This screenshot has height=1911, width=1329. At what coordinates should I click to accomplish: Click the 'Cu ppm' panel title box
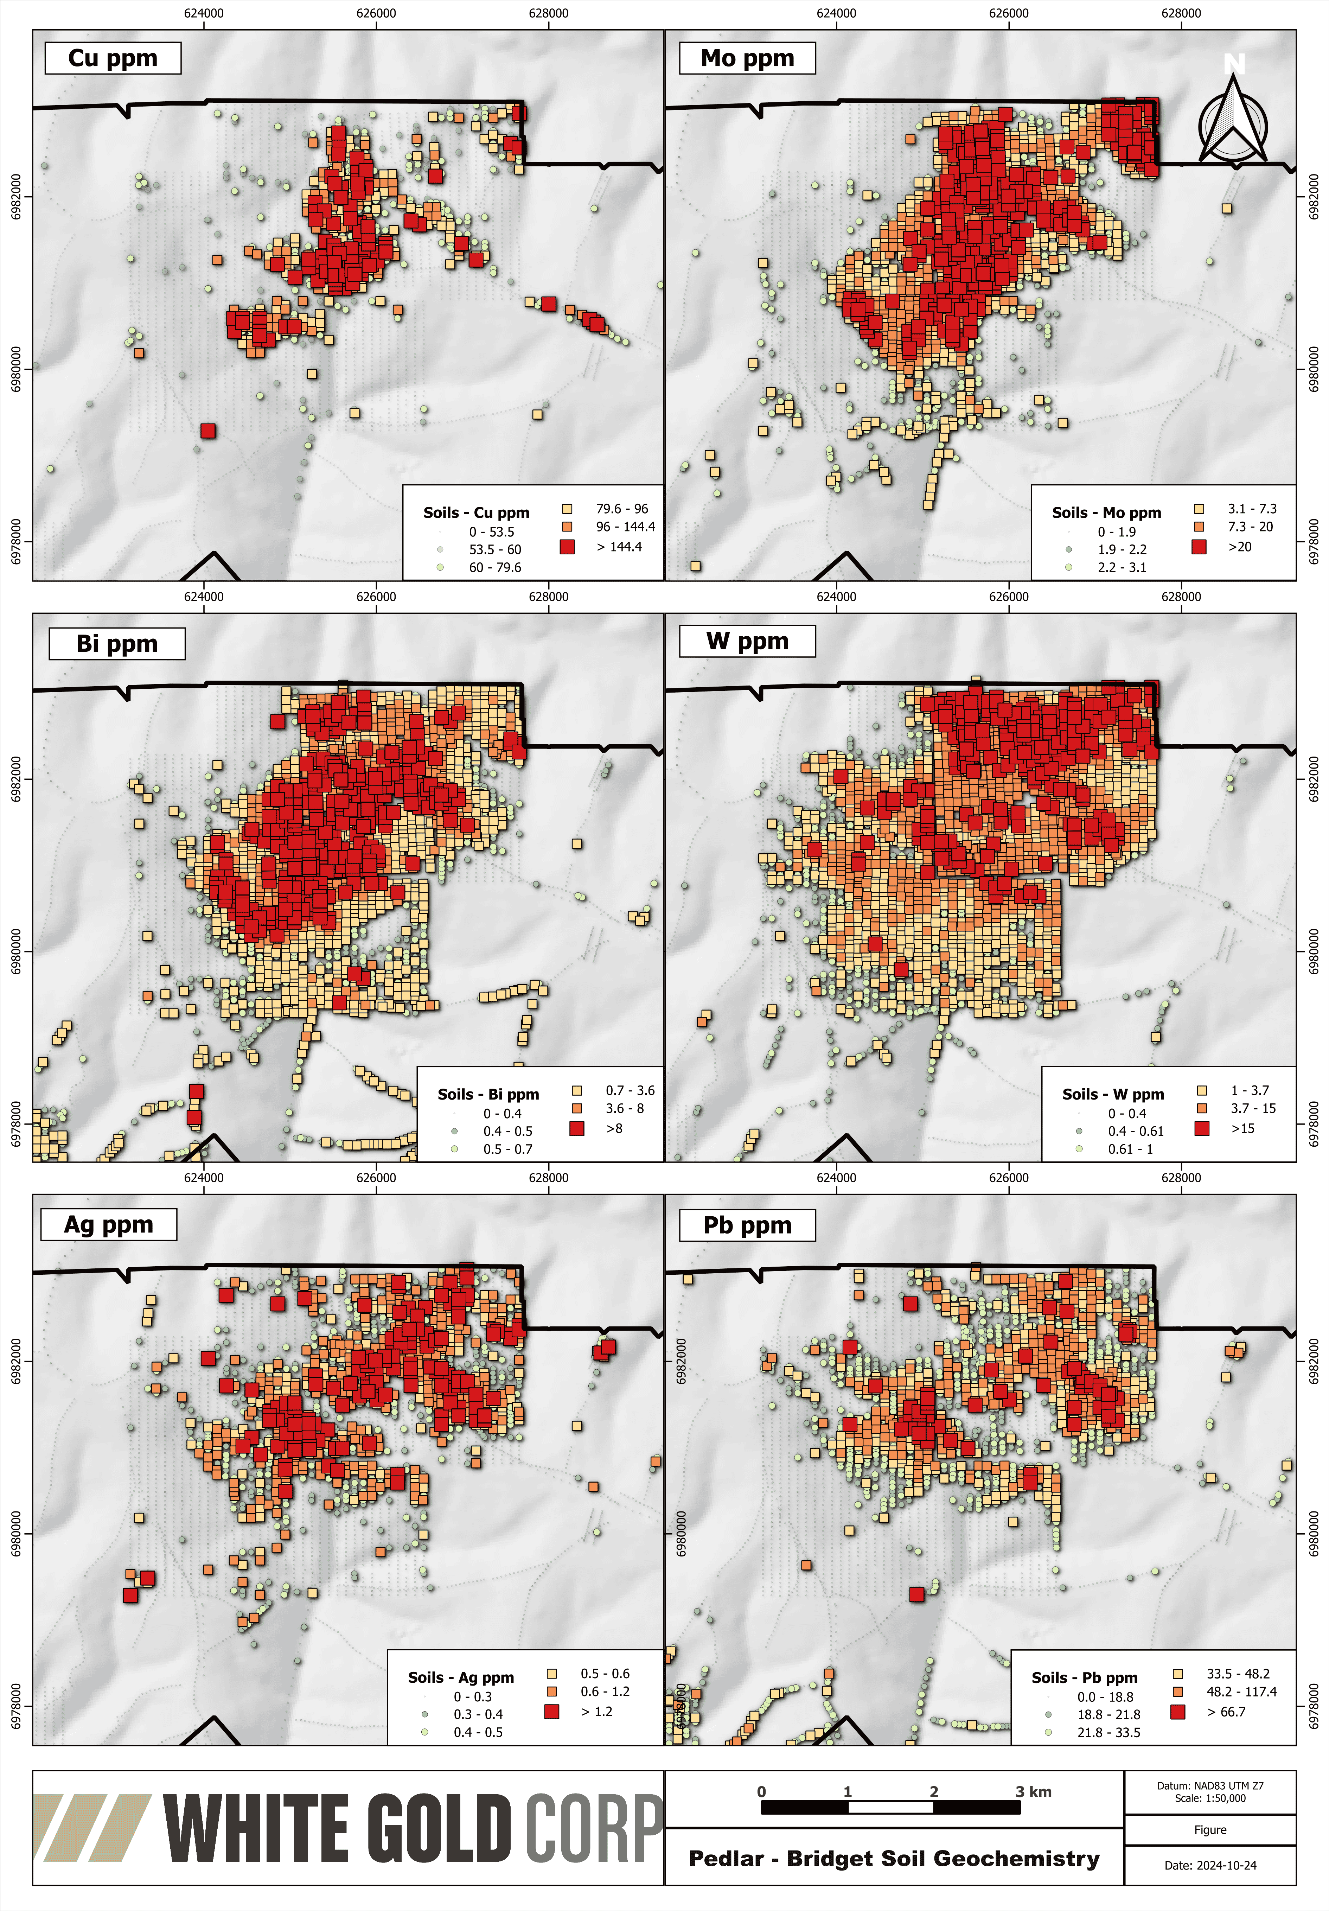tap(112, 58)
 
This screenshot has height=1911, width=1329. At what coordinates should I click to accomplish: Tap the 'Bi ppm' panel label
tap(116, 643)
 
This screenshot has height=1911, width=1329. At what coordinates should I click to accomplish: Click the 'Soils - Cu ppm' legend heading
tap(476, 513)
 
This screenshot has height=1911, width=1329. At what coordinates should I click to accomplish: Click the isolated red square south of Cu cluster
tap(208, 430)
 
